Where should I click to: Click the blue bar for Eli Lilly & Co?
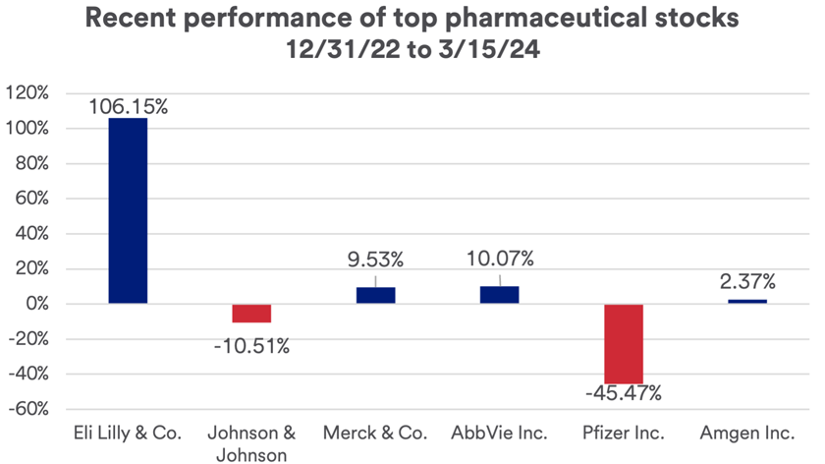coord(128,210)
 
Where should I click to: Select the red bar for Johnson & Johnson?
coord(251,313)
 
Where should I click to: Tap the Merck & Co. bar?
coord(375,295)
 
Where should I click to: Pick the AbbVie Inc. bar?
coord(499,295)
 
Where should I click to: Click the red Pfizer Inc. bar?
coord(624,343)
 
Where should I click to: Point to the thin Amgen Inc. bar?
coord(747,301)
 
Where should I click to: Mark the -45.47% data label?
coord(624,394)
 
